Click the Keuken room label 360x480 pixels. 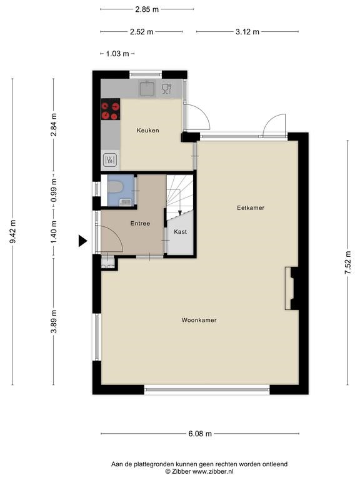(148, 131)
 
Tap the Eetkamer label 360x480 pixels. (251, 208)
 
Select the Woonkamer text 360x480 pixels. (199, 320)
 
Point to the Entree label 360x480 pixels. (140, 224)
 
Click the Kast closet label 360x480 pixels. (180, 232)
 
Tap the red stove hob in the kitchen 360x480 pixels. (111, 109)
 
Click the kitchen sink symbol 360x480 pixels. (148, 88)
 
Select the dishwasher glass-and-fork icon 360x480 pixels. (167, 89)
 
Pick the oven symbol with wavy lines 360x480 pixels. (110, 159)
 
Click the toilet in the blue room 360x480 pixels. (116, 187)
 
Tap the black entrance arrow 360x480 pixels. (82, 241)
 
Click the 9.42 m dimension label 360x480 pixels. (12, 232)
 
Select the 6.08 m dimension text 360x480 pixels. (200, 434)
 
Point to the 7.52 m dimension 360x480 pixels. (347, 262)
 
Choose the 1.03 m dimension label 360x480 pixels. (117, 54)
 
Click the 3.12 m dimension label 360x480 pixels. (247, 32)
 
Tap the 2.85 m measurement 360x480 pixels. (147, 9)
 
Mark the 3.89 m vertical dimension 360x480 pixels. (54, 321)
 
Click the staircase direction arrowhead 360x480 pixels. (180, 213)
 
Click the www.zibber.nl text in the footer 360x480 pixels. (212, 472)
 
